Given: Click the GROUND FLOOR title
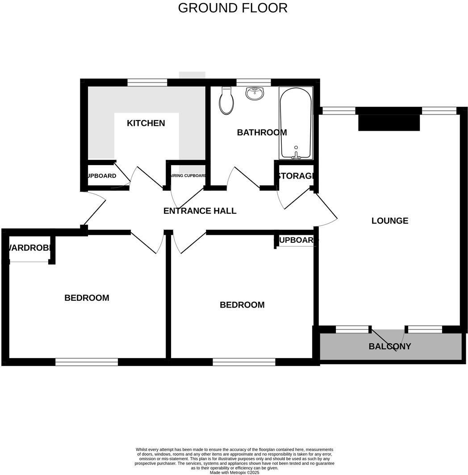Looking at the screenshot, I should point(233,8).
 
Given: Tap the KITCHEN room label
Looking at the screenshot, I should point(146,123).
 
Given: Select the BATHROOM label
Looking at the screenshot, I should point(262,133).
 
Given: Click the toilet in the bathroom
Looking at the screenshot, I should point(227,101).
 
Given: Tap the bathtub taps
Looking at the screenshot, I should point(296,154).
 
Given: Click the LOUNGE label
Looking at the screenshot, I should point(390,221).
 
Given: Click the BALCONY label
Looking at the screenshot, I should point(390,346).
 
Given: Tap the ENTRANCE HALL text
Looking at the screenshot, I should point(200,211).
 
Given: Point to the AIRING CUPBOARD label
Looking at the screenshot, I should point(188,176).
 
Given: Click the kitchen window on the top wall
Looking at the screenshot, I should point(147,83).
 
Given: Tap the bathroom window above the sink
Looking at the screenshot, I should point(253,83).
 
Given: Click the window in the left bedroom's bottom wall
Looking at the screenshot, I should point(87,362).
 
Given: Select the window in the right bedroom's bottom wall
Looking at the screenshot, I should point(244,362).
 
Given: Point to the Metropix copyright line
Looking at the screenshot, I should point(234,472).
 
